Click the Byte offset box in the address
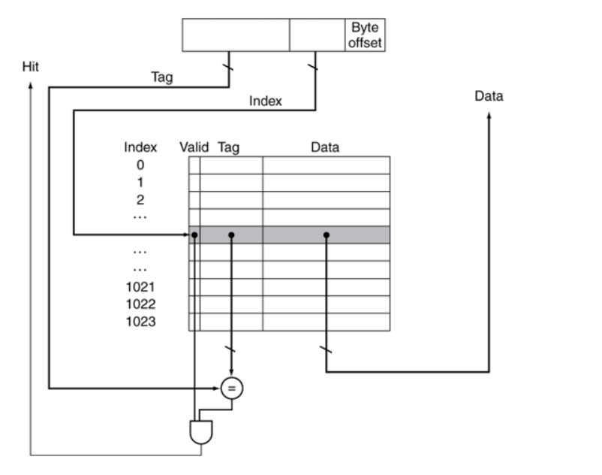click(x=365, y=35)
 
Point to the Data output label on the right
click(x=489, y=96)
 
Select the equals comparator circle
click(x=232, y=387)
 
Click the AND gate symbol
click(x=202, y=431)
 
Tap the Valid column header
click(x=194, y=148)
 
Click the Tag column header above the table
click(x=228, y=148)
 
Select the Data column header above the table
click(x=325, y=148)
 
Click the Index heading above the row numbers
click(x=140, y=148)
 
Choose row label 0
click(x=140, y=165)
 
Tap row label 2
click(x=140, y=200)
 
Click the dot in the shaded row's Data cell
click(x=327, y=235)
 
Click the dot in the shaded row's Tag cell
click(x=231, y=235)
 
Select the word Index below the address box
click(x=265, y=101)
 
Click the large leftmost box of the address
click(x=236, y=35)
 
